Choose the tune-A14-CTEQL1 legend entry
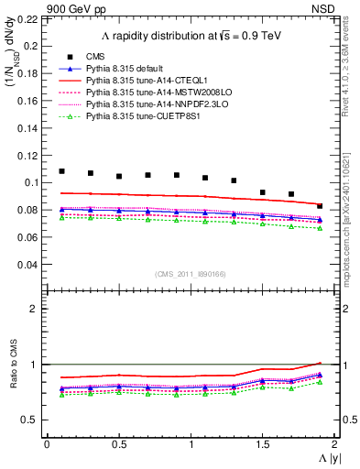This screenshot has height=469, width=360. (145, 82)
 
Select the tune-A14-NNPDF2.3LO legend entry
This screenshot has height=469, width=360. (151, 105)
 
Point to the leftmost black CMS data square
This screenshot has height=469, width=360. (62, 171)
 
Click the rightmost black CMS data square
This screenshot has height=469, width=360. (320, 206)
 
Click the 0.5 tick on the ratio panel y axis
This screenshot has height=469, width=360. (34, 420)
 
